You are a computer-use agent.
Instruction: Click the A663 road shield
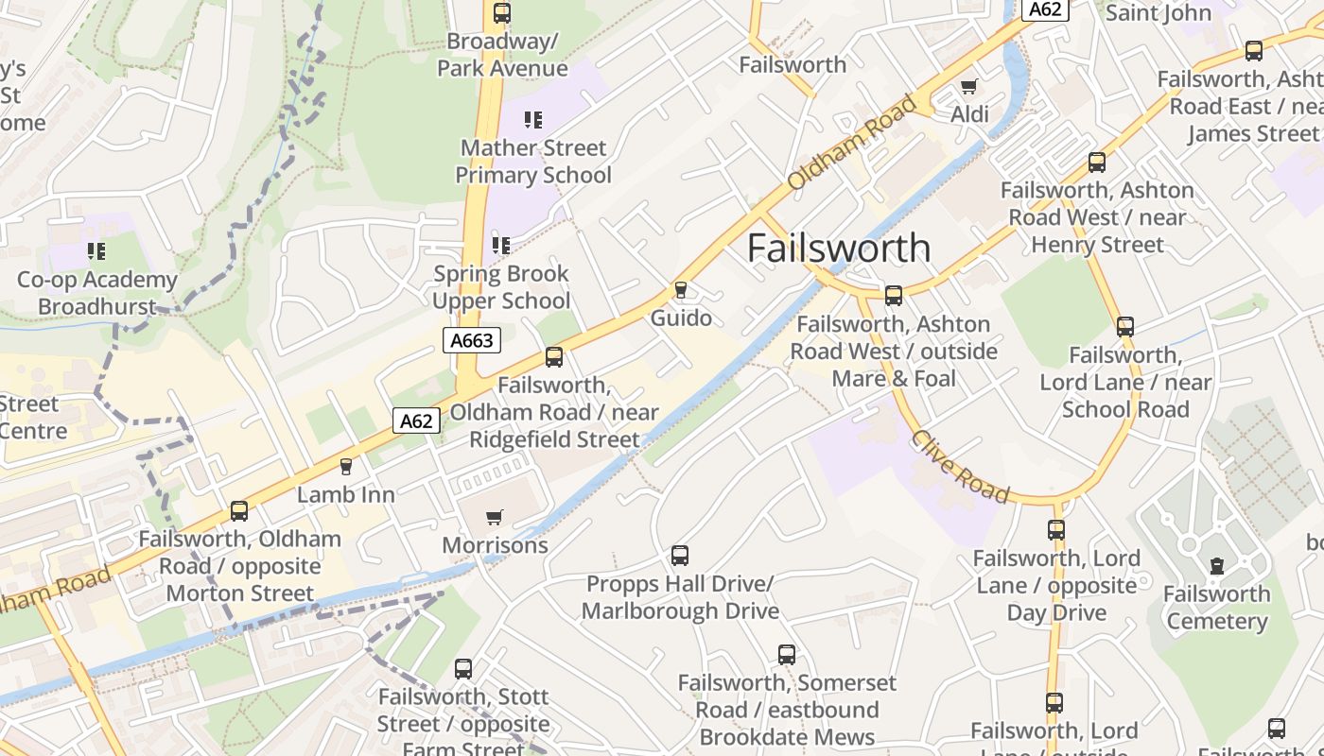471,340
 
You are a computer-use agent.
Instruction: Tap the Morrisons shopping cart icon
494,517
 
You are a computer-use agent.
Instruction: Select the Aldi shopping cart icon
968,87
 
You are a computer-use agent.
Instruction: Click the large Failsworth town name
839,248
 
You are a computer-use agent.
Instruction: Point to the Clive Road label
960,467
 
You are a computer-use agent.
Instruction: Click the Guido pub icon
680,289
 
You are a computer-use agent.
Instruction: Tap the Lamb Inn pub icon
345,466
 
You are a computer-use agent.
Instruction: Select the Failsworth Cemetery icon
1216,566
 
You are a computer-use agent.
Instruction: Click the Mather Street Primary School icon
533,120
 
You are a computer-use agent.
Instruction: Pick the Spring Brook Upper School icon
501,246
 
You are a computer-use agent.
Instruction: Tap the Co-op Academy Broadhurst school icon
96,251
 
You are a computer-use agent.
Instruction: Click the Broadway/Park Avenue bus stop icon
502,13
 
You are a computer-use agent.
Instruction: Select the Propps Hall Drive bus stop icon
680,556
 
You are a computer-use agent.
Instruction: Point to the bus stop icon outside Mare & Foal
894,296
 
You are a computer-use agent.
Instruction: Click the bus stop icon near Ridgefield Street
554,357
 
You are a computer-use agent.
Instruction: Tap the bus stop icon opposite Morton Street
239,511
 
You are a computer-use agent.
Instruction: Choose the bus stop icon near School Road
1124,327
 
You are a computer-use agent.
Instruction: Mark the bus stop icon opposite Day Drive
1056,530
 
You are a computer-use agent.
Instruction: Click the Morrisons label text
495,545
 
